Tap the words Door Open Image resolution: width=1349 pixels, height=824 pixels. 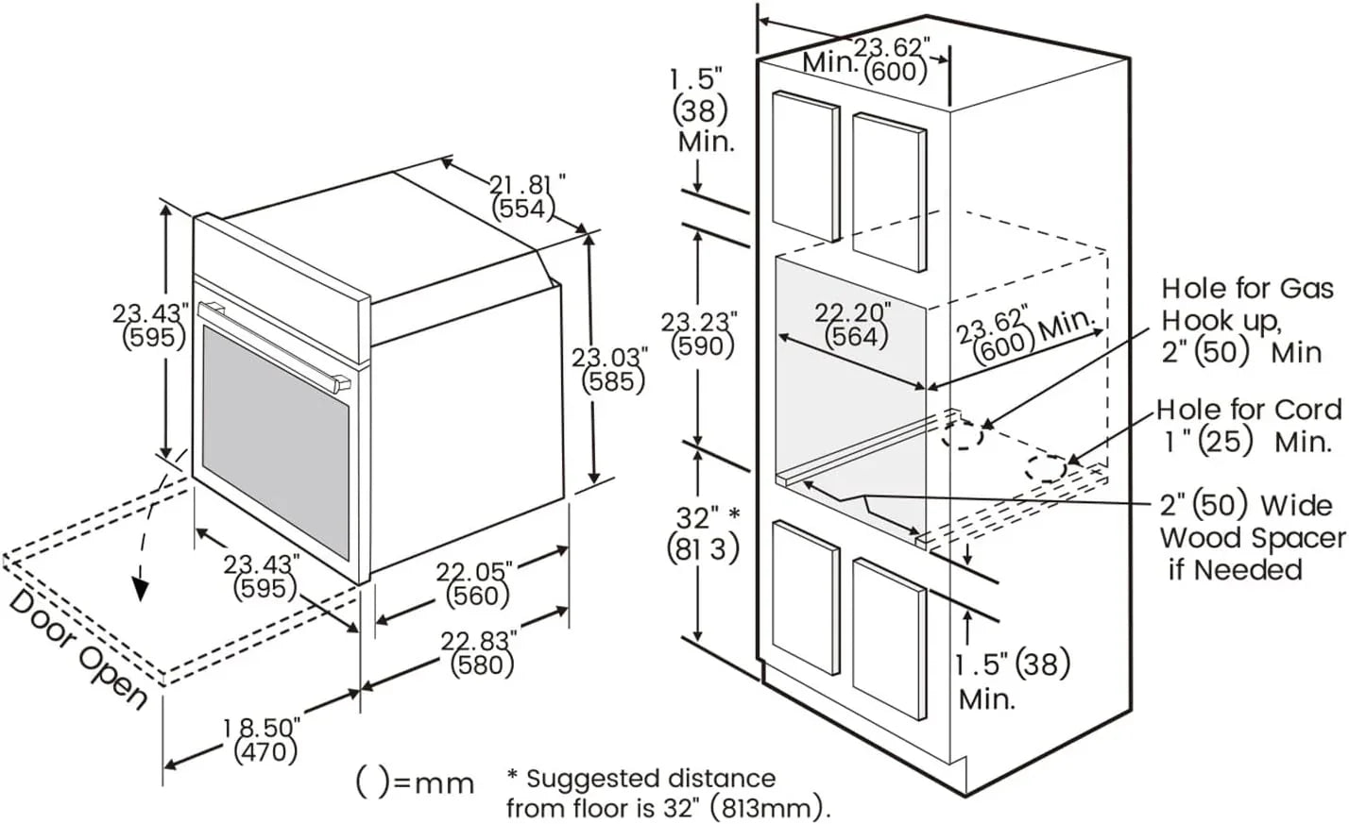(x=77, y=651)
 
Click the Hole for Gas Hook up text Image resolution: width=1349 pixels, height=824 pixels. (x=1247, y=319)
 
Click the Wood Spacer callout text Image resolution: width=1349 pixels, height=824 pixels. (x=1252, y=537)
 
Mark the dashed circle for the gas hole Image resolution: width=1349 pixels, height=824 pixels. (x=963, y=435)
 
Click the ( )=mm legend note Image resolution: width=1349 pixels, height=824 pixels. (x=415, y=782)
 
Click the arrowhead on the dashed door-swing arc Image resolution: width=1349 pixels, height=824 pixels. (x=141, y=587)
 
